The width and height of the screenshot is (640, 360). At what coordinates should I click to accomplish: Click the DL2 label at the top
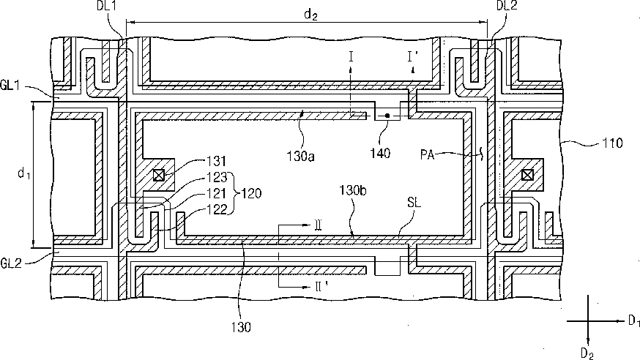[507, 6]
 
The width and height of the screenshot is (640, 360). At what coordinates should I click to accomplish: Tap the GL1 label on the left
[11, 86]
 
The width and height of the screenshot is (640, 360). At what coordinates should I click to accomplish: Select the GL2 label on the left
[11, 263]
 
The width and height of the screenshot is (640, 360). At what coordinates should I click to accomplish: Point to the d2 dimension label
[310, 15]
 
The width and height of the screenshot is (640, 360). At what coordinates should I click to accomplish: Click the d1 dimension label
[23, 173]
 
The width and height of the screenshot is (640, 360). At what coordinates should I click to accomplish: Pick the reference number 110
[612, 143]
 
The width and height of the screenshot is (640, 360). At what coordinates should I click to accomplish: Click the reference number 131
[216, 162]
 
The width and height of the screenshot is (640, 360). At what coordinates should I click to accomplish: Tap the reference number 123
[216, 177]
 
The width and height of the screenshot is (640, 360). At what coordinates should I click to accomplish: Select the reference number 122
[216, 209]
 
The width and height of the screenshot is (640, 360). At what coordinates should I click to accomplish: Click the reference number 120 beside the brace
[251, 193]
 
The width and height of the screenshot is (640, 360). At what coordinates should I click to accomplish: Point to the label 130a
[300, 156]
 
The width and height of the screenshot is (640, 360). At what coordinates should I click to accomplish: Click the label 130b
[353, 190]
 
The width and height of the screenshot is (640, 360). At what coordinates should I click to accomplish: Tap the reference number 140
[380, 154]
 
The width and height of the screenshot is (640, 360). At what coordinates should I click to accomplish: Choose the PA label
[427, 155]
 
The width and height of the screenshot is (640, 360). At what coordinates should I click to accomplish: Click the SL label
[414, 203]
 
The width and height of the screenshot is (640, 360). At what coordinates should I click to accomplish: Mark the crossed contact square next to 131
[158, 176]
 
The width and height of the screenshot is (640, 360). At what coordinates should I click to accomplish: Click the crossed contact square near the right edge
[527, 176]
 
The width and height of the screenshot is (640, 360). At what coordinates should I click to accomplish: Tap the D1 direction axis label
[633, 321]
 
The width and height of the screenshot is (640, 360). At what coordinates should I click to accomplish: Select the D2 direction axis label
[587, 353]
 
